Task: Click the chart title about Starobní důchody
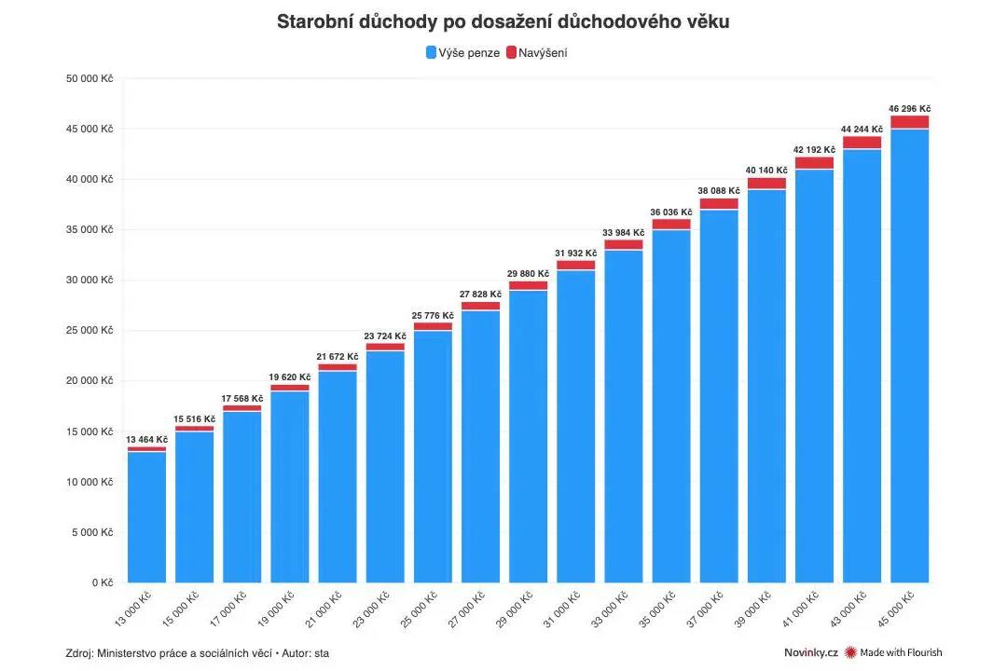point(503,21)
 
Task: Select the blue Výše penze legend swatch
point(431,52)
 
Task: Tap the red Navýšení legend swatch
point(511,52)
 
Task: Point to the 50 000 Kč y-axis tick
point(90,78)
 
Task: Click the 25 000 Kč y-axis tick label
point(90,330)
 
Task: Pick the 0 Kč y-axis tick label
point(103,582)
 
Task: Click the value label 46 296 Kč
point(909,108)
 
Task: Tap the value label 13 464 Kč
point(146,439)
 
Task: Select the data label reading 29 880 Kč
point(528,274)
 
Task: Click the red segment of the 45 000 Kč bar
point(909,122)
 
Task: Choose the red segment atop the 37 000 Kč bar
point(719,204)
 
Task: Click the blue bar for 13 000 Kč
point(146,517)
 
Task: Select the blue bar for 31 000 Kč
point(576,426)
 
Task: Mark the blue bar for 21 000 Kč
point(338,477)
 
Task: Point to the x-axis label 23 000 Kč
point(371,609)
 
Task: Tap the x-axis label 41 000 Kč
point(800,609)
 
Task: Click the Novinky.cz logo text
point(810,652)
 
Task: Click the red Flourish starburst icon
point(850,652)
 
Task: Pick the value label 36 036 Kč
point(671,212)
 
